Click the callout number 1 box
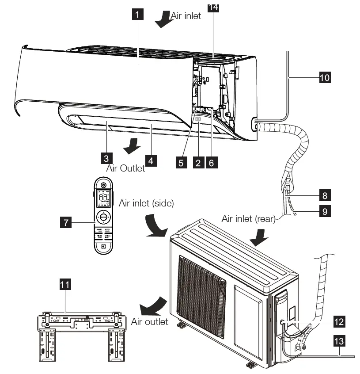(x=138, y=15)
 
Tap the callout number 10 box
(x=325, y=78)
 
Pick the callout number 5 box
(x=181, y=162)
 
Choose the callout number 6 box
(x=211, y=162)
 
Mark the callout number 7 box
(x=66, y=223)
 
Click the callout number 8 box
(x=325, y=195)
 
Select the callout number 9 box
(x=325, y=212)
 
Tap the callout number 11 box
(x=65, y=285)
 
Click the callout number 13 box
(x=339, y=341)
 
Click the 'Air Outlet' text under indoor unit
(x=125, y=168)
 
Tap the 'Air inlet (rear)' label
(x=248, y=218)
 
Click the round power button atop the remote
(x=103, y=185)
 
